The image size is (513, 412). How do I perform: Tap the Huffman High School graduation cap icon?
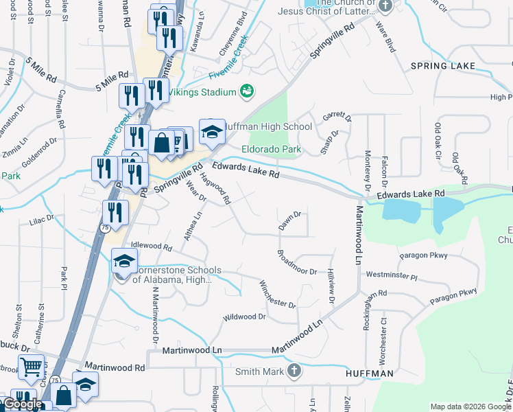coord(212,132)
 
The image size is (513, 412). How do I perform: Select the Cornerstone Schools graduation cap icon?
coord(124,262)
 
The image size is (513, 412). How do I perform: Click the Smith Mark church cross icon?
coord(294,371)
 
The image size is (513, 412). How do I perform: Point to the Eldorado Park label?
coord(271,149)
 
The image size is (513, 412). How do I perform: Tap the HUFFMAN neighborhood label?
coord(370,373)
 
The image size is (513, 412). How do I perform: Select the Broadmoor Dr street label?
coord(297,262)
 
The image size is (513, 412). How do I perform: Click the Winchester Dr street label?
coord(277,294)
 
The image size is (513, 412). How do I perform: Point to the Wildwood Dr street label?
coord(243,317)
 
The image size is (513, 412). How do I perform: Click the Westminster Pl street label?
coord(392,275)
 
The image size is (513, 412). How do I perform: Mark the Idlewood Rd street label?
coord(151,245)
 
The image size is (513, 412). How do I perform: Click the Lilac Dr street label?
coord(41,220)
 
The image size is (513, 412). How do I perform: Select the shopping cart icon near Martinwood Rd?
coord(31,367)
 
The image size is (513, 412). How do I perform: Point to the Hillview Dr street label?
coord(331,286)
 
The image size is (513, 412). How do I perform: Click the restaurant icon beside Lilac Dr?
coord(115,213)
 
